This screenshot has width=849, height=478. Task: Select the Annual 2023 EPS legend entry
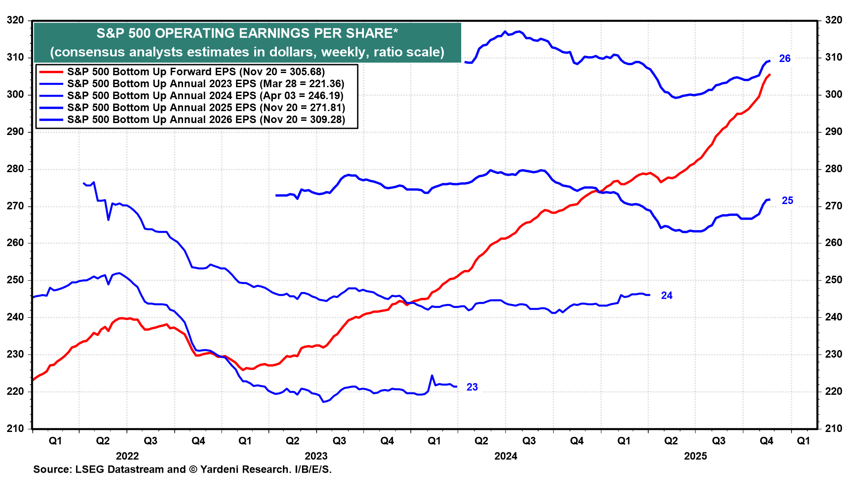[206, 84]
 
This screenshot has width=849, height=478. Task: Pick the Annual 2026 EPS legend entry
[206, 119]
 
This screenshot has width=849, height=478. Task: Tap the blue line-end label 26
[784, 58]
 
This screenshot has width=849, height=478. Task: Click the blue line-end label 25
[787, 200]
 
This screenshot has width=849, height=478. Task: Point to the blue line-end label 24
[666, 296]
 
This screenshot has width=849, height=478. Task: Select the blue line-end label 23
[472, 387]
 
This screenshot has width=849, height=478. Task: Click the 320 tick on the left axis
[15, 20]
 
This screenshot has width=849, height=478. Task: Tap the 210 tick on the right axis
[833, 428]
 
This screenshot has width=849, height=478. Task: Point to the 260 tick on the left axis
[15, 243]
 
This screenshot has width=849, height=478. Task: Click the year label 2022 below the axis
[127, 456]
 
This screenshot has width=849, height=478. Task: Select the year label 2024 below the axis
[505, 456]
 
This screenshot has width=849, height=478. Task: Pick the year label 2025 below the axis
[695, 456]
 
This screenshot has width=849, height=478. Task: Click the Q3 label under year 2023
[339, 441]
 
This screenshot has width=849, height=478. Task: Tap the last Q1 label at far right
[803, 441]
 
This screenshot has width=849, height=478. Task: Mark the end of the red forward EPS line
[770, 74]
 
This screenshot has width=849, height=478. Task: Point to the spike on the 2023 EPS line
[432, 375]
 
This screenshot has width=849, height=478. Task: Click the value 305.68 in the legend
[305, 72]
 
